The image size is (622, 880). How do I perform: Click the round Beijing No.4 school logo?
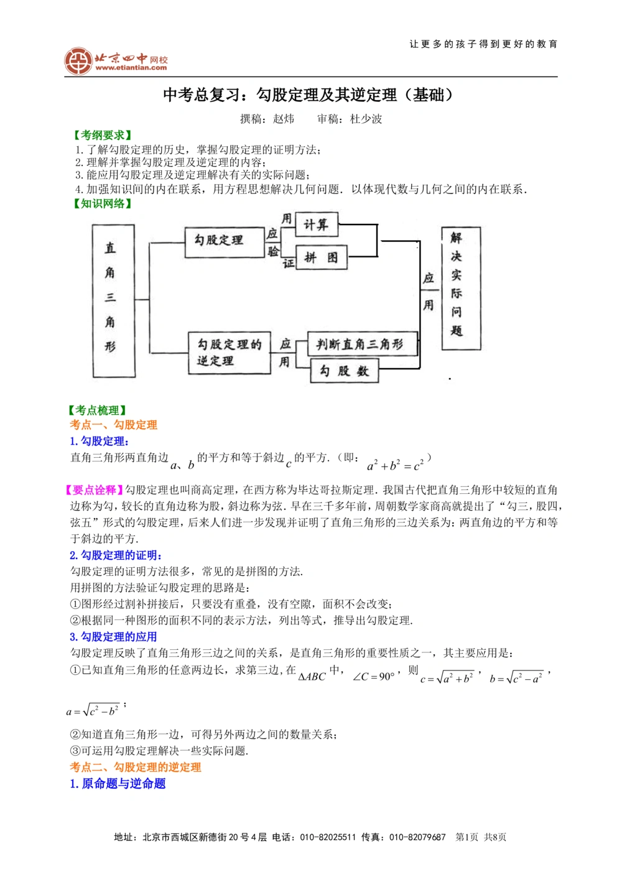[78, 61]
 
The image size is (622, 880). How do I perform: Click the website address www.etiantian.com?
[131, 68]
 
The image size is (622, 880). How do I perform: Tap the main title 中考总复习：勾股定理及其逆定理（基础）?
[308, 95]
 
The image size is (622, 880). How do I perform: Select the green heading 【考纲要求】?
[102, 135]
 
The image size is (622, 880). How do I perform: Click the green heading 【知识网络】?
[102, 203]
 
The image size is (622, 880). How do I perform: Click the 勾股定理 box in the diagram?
[224, 242]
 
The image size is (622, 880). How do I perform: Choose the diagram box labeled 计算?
[316, 225]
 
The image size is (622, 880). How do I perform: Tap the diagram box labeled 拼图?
[321, 257]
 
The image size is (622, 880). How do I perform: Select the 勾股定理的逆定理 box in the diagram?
[229, 353]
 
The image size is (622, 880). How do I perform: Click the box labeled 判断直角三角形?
[361, 344]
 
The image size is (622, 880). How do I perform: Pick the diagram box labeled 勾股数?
[344, 371]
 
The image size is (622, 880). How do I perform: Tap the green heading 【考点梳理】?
[97, 410]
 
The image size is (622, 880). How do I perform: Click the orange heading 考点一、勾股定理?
[113, 425]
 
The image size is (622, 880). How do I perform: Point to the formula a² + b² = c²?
[395, 465]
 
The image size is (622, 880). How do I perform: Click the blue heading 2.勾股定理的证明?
[116, 555]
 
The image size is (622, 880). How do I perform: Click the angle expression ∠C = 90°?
[373, 677]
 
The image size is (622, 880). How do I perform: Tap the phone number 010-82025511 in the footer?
[328, 837]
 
